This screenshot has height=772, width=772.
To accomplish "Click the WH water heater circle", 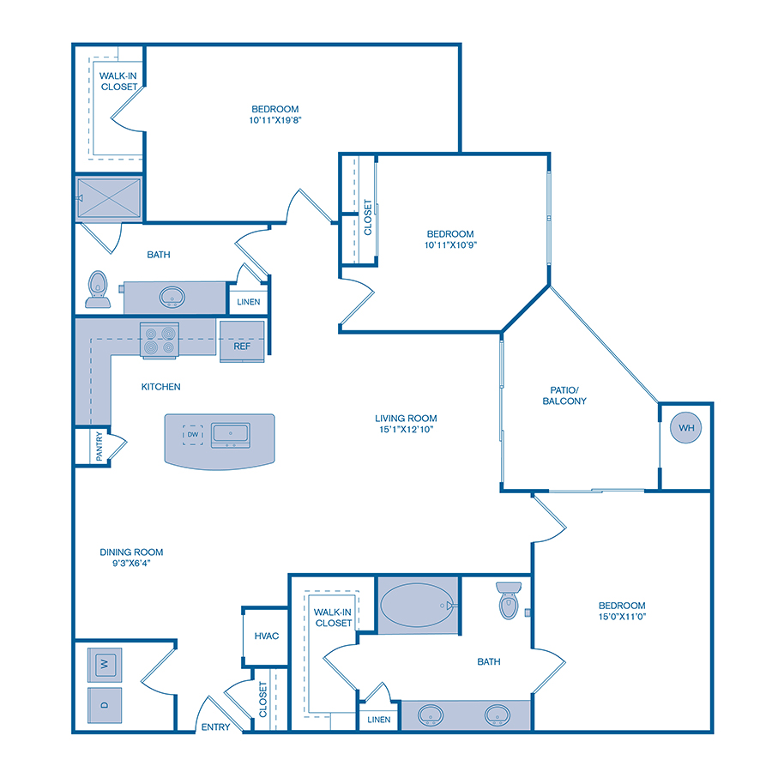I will point(685,427).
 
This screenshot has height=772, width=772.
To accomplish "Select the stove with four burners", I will point(159,339).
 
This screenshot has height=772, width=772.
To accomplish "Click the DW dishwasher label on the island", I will point(192,436).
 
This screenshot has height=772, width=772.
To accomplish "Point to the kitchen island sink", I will point(230,436).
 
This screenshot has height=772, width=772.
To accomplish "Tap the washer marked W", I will point(104,663).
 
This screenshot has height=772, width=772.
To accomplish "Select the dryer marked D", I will point(104,705).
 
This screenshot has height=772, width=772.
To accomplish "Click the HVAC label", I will point(265,636).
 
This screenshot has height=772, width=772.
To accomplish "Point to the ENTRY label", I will point(215,727).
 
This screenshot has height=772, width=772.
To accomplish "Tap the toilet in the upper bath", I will point(97,289).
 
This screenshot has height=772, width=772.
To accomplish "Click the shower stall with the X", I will point(109,199).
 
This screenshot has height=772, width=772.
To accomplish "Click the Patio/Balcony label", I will point(564,395).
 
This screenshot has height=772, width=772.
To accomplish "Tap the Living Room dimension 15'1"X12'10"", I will point(412,430).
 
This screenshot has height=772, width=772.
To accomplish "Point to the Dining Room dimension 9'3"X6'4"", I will point(131,564).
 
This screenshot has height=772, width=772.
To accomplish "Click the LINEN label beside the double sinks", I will point(379,719).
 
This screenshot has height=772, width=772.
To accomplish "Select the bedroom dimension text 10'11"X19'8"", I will point(274,120).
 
